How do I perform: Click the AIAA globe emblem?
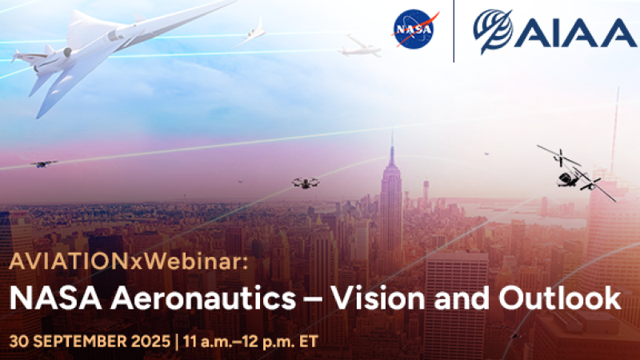(493, 31)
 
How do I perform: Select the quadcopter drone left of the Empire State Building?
(306, 183)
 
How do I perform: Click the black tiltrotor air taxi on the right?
(574, 170)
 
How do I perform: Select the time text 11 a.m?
(209, 340)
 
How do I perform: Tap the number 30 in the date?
(18, 340)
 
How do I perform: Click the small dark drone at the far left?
(43, 164)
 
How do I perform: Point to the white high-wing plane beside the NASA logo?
(357, 48)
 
